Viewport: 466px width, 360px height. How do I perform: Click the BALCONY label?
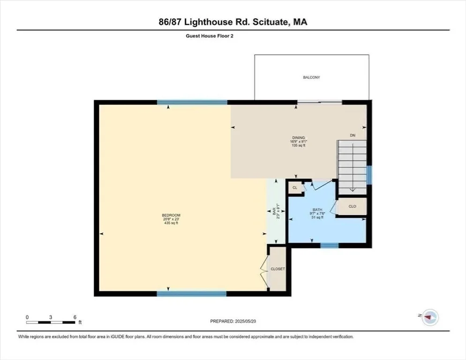pos(311,77)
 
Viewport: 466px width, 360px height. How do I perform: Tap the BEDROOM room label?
pos(171,215)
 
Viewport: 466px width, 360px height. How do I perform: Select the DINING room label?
pos(298,138)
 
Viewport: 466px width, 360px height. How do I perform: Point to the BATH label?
pos(317,210)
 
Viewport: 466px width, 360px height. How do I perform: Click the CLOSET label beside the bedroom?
pos(278,269)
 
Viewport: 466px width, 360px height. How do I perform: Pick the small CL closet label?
pos(295,187)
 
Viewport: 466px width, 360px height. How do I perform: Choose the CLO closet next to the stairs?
pos(352,206)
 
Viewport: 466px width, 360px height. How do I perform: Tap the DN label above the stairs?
pos(353,135)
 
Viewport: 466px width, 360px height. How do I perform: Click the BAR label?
pos(274,211)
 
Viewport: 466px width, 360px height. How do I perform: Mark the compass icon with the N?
pos(430,317)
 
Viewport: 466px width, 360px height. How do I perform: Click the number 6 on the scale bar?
pos(75,317)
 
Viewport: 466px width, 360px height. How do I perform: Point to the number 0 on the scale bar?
pos(27,317)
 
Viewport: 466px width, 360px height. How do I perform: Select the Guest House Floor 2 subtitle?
pos(210,36)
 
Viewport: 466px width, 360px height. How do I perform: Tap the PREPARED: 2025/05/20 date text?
pos(233,321)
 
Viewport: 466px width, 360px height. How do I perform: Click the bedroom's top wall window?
pos(192,103)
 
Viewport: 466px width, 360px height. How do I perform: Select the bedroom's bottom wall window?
pos(192,294)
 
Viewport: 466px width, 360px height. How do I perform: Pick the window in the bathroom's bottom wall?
pos(329,245)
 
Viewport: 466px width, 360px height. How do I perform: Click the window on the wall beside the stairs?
pos(369,175)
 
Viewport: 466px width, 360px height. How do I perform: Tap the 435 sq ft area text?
pos(171,223)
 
